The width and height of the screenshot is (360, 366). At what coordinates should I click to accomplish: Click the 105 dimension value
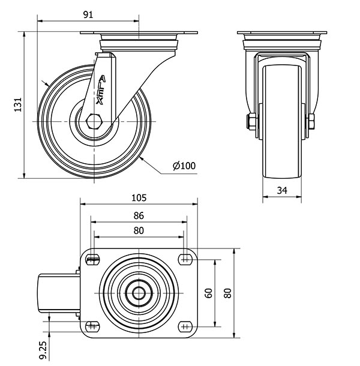[x=139, y=197]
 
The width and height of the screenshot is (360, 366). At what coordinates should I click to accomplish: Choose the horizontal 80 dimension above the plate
[x=139, y=230]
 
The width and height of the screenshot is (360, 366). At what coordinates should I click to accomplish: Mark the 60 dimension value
[x=209, y=293]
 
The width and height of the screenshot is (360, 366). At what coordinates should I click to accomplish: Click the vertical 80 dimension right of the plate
[x=227, y=293]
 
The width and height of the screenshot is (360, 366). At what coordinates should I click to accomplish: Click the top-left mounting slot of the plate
[x=92, y=259]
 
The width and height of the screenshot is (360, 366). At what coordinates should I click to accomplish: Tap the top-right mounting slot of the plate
[x=185, y=259]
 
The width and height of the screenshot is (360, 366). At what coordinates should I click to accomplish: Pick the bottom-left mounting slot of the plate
[x=92, y=326]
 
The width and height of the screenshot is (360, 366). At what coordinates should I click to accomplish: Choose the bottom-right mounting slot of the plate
[x=185, y=326]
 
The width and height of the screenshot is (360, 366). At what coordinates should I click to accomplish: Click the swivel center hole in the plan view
[x=139, y=293]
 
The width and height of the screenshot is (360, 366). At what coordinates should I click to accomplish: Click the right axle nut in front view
[x=311, y=123]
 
